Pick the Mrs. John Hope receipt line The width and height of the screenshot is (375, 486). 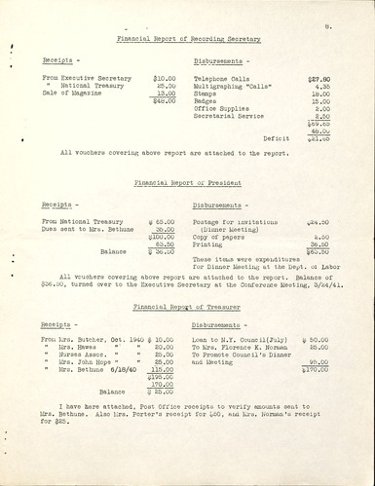(85, 363)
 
